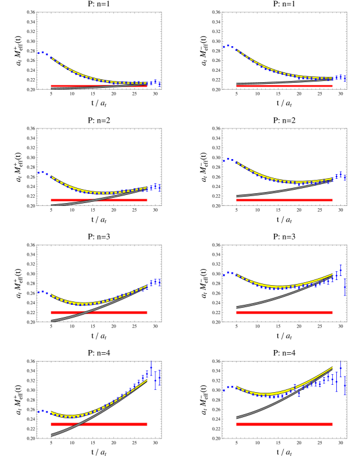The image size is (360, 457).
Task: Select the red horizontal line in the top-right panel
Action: (283, 86)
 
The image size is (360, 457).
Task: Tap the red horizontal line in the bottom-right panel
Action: (283, 424)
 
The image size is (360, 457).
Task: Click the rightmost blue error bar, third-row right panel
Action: (345, 288)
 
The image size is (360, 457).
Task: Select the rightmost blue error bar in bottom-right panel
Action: (345, 385)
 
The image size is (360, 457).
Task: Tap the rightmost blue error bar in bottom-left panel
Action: (159, 378)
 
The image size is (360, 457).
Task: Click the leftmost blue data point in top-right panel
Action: (224, 47)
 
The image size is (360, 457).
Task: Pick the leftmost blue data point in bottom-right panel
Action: (224, 390)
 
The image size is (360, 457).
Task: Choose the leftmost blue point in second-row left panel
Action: (39, 172)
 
